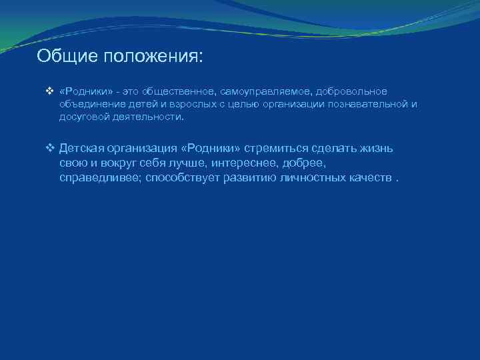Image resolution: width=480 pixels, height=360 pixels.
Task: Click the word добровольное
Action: pos(351,91)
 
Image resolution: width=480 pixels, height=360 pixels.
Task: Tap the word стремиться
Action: pos(276,148)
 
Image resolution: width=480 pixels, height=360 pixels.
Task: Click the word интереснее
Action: pos(239,163)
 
